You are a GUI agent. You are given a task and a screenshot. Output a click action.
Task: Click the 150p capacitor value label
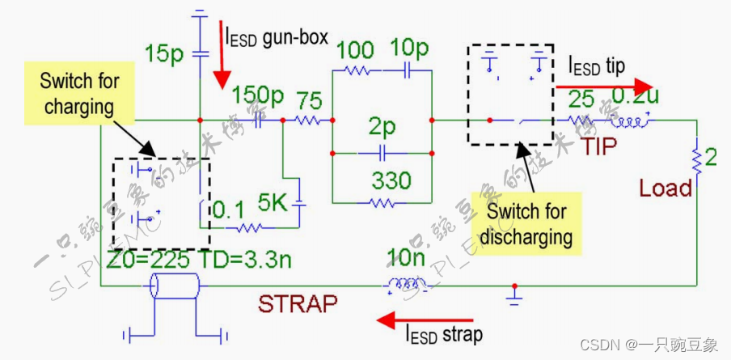[258, 96]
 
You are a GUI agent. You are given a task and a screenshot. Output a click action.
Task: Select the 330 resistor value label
[391, 180]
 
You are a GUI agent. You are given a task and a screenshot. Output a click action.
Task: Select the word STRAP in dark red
[297, 304]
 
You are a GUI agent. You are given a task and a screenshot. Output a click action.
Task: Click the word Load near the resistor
[666, 188]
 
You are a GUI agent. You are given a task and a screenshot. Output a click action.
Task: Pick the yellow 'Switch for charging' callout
[80, 93]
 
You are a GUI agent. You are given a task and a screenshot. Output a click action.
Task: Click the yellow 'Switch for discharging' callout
[526, 225]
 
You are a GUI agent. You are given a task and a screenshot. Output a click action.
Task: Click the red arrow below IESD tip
[603, 86]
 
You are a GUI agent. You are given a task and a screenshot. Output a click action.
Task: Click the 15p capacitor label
[166, 54]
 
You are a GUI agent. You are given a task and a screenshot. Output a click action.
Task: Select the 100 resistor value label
[356, 49]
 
